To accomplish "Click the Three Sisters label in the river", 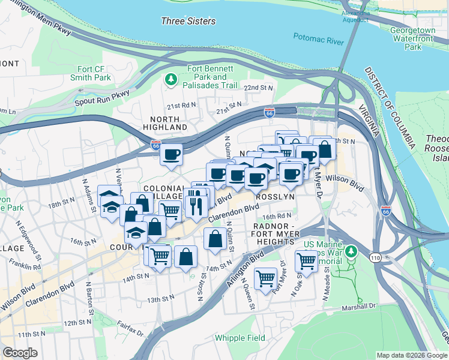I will point(188,21).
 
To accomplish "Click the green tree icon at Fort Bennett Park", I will point(172,79).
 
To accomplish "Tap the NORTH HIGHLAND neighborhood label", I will point(165,122).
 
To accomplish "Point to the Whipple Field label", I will point(240,338).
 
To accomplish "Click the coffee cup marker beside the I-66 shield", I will point(171,154).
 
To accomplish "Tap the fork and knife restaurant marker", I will point(197,203).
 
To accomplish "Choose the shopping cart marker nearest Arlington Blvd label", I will point(265,278).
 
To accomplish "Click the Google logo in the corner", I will point(19,353).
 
